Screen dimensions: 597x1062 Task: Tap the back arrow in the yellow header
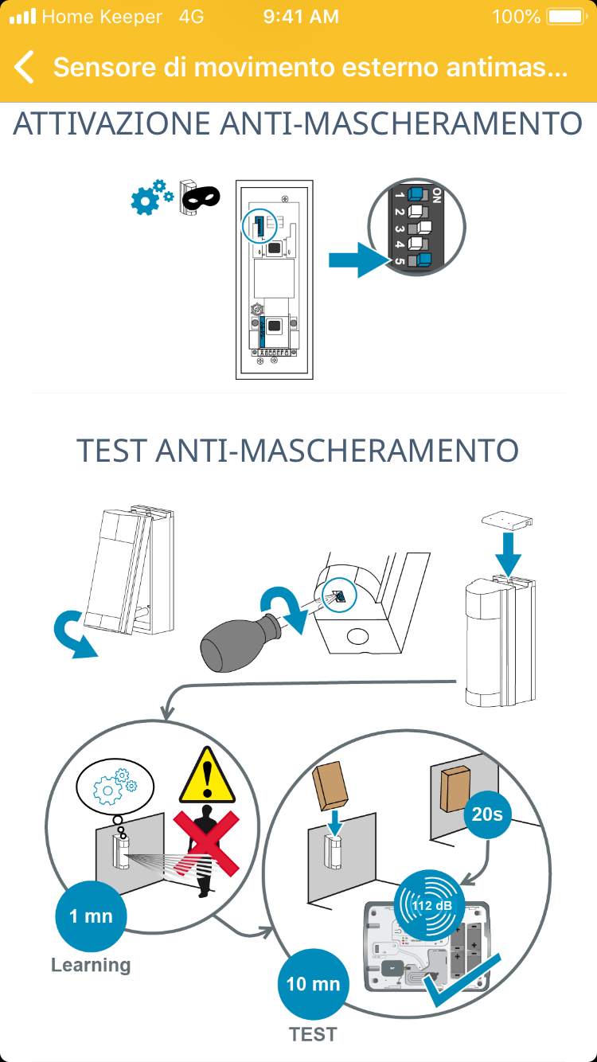[24, 67]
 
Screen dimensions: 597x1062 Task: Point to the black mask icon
[201, 197]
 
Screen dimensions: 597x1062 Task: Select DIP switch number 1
[417, 195]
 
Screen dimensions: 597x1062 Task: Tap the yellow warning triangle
[207, 776]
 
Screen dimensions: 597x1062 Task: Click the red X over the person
[206, 843]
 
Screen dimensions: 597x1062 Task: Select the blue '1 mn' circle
[91, 916]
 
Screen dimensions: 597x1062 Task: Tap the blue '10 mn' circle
[313, 984]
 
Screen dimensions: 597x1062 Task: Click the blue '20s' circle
[487, 814]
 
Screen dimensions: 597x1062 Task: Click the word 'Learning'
[91, 965]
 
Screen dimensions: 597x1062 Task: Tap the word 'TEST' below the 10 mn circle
[313, 1034]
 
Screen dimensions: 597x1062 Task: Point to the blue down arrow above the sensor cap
[508, 554]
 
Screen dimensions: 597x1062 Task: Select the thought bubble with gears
[115, 787]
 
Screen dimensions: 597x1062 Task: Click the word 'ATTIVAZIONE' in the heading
[111, 123]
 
